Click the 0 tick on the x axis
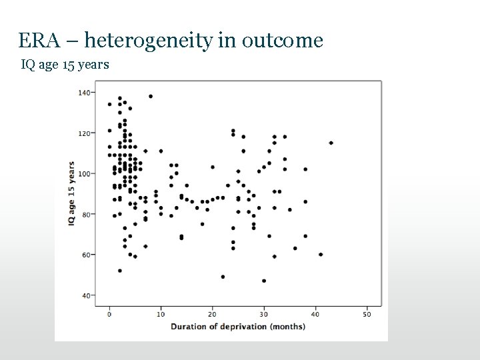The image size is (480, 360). (x=110, y=313)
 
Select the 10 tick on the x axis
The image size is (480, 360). (x=161, y=313)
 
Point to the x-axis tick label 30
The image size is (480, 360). (x=264, y=313)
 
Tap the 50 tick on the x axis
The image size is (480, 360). (x=367, y=313)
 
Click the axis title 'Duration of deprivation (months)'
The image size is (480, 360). (x=238, y=326)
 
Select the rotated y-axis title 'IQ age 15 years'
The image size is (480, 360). (x=71, y=193)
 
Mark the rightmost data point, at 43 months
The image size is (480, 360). (x=331, y=143)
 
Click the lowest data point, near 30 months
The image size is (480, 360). (x=264, y=281)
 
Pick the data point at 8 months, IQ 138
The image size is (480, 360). (x=151, y=96)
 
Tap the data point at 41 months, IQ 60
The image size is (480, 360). (x=321, y=255)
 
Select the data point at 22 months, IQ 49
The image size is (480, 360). (x=223, y=277)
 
